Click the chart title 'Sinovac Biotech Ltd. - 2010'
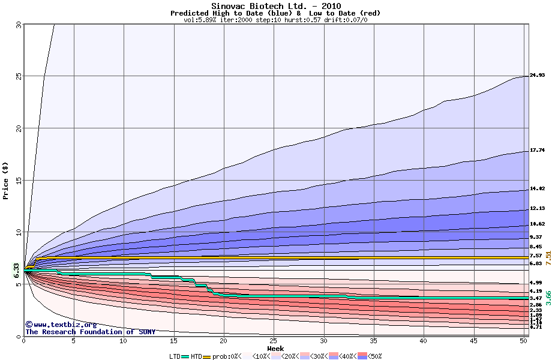pos(276,6)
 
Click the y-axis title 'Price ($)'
pos(6,180)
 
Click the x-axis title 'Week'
pos(275,349)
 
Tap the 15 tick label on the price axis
pos(17,180)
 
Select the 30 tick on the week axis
pos(323,341)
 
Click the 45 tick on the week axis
pos(473,341)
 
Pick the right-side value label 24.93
pos(537,76)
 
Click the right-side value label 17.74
pos(537,150)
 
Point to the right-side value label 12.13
pos(537,209)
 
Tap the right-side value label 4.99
pos(535,283)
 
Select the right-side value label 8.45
pos(535,247)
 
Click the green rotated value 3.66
pos(548,298)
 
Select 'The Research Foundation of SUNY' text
pos(90,332)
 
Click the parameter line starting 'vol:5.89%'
pos(275,20)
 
